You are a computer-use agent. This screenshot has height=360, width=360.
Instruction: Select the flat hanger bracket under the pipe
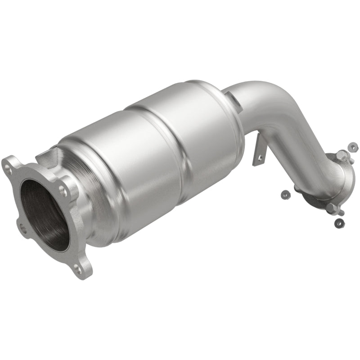coord(259,151)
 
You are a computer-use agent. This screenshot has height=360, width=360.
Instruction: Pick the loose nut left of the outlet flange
coord(284,194)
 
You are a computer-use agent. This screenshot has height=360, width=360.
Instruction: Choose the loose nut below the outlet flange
coord(340,222)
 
